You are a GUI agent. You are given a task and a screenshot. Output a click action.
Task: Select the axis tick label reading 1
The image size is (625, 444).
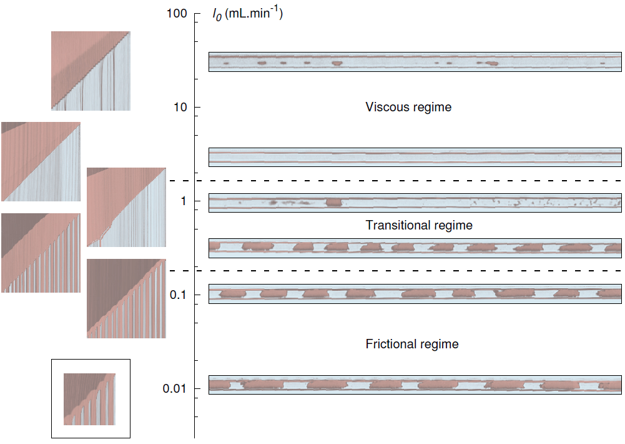click(x=182, y=201)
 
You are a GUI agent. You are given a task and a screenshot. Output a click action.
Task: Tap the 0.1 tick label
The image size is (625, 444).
click(x=177, y=295)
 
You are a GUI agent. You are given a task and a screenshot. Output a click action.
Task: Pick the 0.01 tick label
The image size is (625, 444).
click(x=175, y=389)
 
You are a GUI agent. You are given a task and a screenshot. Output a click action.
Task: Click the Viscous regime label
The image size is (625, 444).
click(x=408, y=107)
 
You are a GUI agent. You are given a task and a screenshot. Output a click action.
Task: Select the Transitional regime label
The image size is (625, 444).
click(x=419, y=225)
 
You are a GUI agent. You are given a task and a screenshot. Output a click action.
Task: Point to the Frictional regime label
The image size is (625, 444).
click(x=412, y=344)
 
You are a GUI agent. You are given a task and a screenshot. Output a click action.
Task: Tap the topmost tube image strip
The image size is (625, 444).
click(x=415, y=62)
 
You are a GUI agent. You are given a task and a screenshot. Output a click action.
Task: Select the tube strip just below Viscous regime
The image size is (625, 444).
click(x=415, y=157)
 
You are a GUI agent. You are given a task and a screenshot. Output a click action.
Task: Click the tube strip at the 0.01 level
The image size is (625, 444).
click(x=415, y=385)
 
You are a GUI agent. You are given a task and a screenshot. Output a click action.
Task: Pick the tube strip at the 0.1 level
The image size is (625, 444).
click(x=415, y=293)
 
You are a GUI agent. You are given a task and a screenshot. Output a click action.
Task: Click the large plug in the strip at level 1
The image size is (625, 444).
click(x=334, y=203)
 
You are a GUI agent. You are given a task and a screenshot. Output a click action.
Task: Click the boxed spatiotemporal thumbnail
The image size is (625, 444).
click(x=90, y=398)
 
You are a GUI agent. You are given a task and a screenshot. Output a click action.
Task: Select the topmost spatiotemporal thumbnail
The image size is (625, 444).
click(x=91, y=71)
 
